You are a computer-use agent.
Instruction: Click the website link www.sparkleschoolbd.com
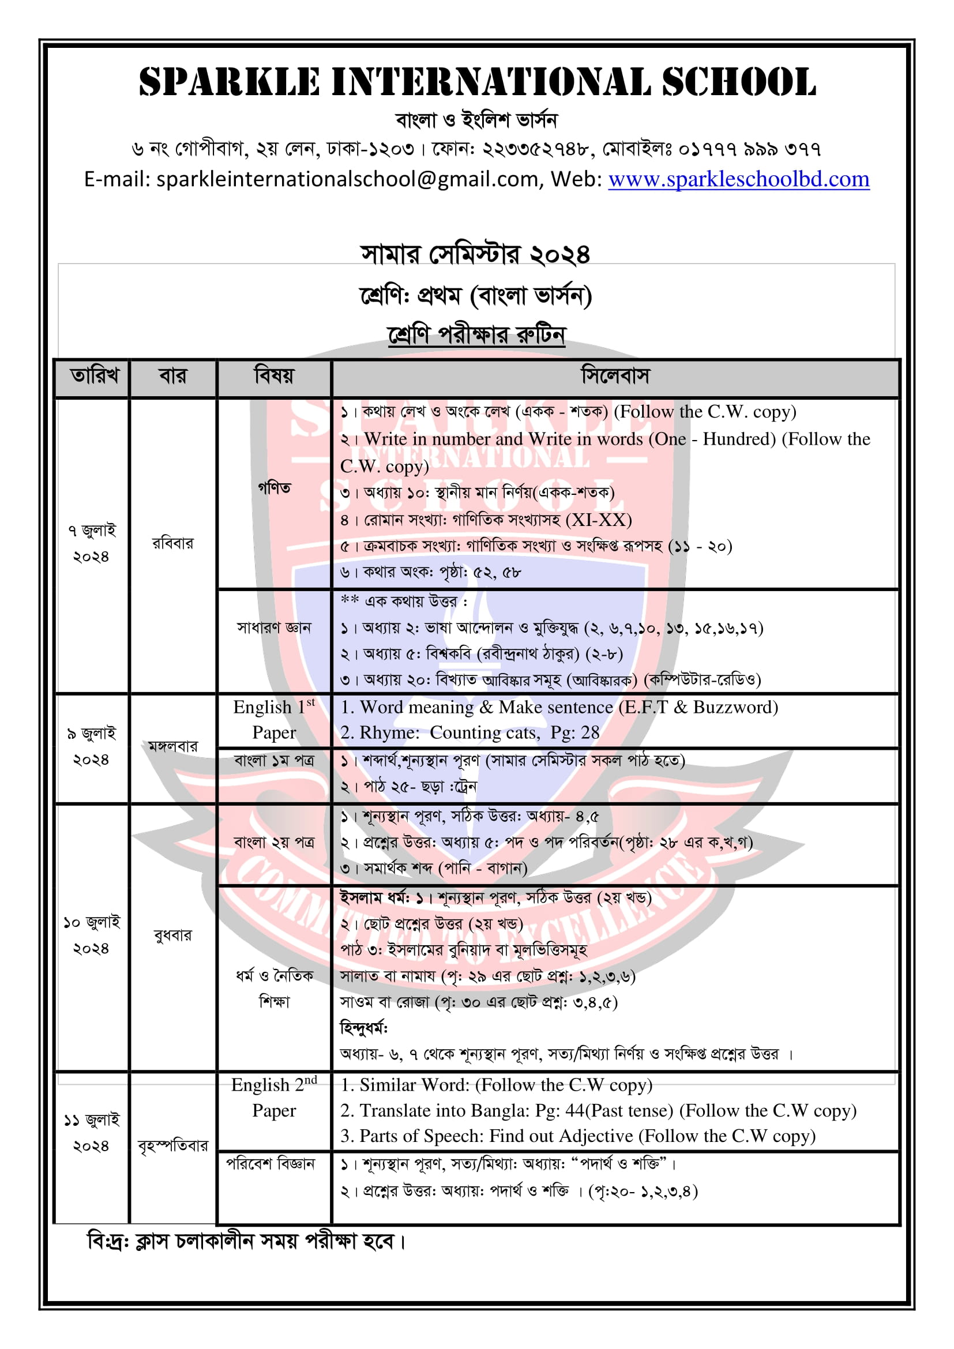pos(738,179)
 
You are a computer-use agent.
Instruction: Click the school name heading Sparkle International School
pos(477,82)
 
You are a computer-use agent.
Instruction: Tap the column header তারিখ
pos(94,375)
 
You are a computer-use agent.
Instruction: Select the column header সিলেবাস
pos(615,375)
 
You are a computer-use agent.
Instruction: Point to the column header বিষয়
pos(274,375)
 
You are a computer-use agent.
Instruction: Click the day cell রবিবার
pos(172,543)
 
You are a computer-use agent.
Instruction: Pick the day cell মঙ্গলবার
pos(172,747)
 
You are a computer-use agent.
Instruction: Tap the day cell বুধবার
pos(172,935)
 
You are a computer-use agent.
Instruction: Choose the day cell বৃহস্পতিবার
pos(172,1145)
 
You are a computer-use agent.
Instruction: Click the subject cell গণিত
pos(275,489)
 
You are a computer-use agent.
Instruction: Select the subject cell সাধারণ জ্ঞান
pos(274,627)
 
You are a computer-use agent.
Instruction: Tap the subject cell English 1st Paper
pos(274,720)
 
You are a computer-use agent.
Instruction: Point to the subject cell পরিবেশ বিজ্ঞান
pos(271,1163)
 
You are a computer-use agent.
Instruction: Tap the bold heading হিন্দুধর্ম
pos(363,1028)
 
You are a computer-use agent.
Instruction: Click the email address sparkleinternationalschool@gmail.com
pos(347,179)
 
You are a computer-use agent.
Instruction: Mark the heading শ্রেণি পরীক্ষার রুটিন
pos(476,335)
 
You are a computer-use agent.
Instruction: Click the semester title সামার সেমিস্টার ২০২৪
pos(475,254)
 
